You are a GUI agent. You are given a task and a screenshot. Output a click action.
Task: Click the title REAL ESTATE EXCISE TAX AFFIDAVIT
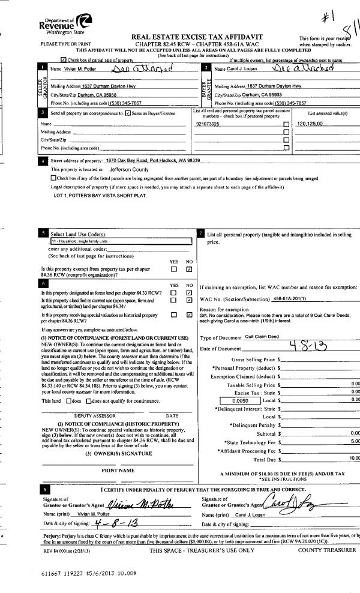(189, 37)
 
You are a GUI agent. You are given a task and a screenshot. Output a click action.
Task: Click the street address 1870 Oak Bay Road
(152, 161)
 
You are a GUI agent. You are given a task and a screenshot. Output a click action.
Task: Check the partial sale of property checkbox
(64, 61)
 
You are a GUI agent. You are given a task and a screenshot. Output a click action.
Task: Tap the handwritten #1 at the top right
(328, 16)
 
